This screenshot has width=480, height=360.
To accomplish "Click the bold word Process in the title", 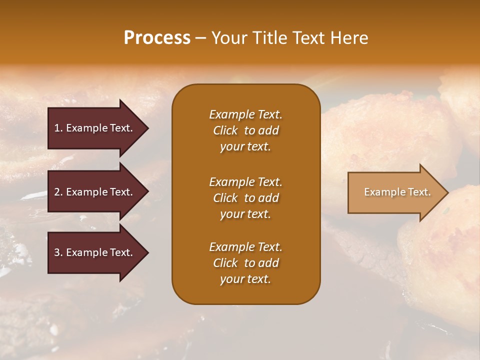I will click(157, 38).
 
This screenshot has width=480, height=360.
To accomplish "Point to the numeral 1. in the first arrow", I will click(58, 128).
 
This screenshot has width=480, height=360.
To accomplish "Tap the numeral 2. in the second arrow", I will click(58, 192).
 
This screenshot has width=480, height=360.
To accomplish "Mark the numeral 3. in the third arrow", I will click(58, 252).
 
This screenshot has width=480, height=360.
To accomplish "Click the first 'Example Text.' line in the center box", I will click(245, 114).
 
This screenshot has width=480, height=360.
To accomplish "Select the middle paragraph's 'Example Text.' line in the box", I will click(245, 182).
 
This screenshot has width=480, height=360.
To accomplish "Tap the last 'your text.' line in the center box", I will click(245, 279).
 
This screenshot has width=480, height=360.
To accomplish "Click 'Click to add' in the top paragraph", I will click(245, 130).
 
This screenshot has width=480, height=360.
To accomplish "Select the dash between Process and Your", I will click(200, 38).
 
